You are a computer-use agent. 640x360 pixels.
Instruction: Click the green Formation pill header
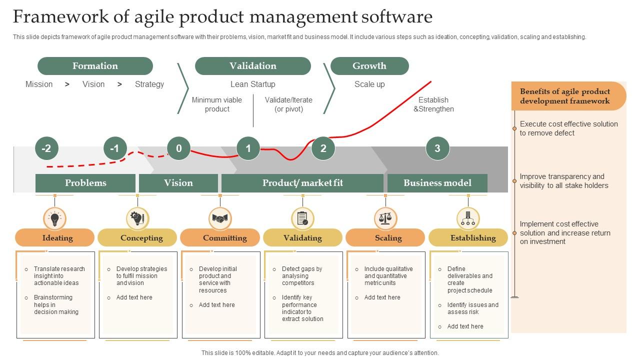click(x=95, y=66)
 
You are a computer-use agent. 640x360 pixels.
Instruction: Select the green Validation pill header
click(x=252, y=66)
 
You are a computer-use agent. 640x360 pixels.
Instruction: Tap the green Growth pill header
click(x=369, y=66)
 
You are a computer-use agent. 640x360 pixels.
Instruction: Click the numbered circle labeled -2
click(x=46, y=148)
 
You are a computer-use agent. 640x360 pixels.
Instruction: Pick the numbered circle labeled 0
click(x=178, y=148)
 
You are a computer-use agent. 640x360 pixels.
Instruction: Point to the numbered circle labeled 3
click(x=437, y=148)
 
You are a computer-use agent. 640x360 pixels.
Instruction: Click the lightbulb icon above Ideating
click(x=55, y=219)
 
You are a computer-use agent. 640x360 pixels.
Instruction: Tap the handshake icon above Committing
click(x=220, y=219)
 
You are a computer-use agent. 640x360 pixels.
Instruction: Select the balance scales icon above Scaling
click(x=385, y=219)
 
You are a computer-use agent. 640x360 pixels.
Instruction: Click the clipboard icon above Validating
click(x=302, y=219)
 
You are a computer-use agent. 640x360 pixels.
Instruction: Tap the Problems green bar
click(x=85, y=183)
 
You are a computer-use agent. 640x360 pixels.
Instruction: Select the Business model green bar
click(x=437, y=183)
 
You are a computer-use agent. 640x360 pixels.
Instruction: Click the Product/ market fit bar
click(x=302, y=183)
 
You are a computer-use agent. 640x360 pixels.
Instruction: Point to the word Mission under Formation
click(x=39, y=84)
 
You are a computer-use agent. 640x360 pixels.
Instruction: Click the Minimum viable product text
click(x=217, y=104)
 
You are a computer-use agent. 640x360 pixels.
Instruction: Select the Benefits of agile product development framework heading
click(x=565, y=96)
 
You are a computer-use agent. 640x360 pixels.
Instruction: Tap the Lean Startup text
click(x=252, y=84)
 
